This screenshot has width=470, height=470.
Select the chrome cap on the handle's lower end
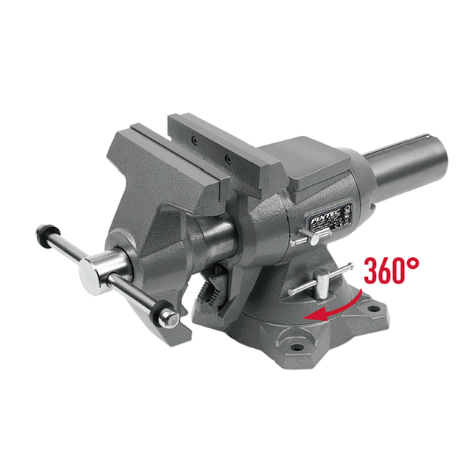tap(170, 319)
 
